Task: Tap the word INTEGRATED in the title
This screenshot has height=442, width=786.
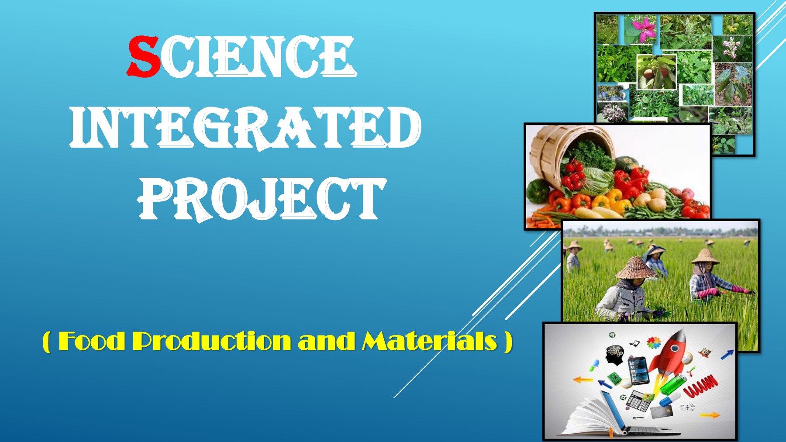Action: coord(245,128)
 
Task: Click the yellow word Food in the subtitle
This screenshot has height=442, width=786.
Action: coord(92,341)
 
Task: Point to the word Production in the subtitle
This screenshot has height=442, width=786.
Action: coord(212,341)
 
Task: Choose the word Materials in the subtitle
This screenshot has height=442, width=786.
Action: coord(430,341)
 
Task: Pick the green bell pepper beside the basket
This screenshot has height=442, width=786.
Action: coord(536,191)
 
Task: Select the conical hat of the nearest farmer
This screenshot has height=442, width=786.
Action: coord(636,268)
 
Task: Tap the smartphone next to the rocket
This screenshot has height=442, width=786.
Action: coord(638,369)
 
